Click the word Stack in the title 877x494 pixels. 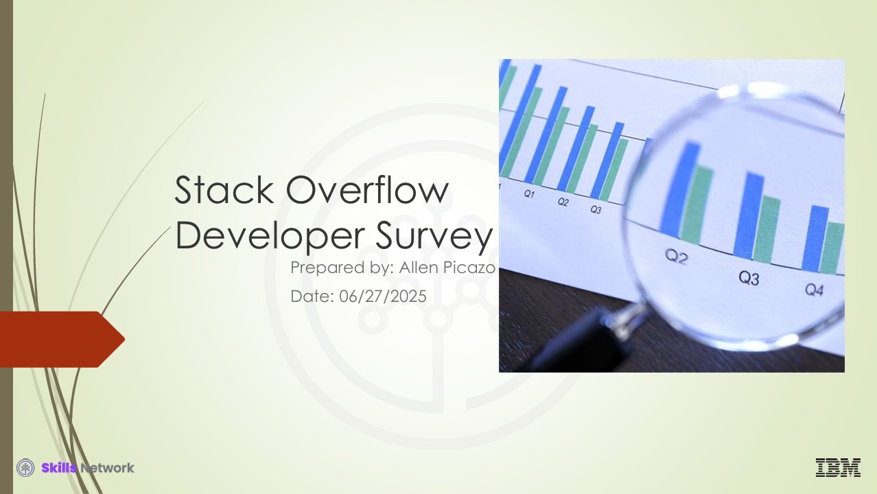tap(224, 190)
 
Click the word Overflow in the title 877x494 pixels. tap(367, 190)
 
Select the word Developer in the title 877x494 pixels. tap(270, 235)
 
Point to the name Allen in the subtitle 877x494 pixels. tap(419, 268)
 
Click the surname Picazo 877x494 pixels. tap(469, 268)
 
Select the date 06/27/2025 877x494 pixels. tap(382, 296)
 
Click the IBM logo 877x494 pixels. tap(838, 467)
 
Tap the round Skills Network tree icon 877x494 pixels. tap(25, 468)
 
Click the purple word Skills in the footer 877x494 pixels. tap(59, 468)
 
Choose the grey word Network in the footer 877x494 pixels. tap(107, 468)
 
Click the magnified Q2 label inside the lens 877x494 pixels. tap(676, 257)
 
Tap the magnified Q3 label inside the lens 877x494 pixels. tap(749, 278)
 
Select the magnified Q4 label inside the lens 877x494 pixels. tap(815, 290)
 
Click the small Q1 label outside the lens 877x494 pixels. tap(529, 193)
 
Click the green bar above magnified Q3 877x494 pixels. tap(767, 229)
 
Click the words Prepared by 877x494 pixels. tap(342, 268)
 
